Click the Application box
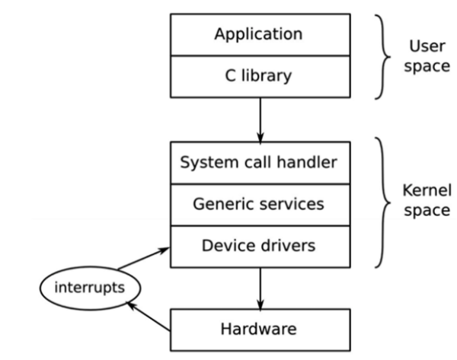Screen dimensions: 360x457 point(260,34)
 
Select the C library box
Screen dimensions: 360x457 point(260,77)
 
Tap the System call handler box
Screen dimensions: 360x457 point(260,161)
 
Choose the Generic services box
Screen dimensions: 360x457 point(260,204)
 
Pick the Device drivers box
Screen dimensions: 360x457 point(260,246)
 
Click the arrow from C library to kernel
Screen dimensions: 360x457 point(260,118)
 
